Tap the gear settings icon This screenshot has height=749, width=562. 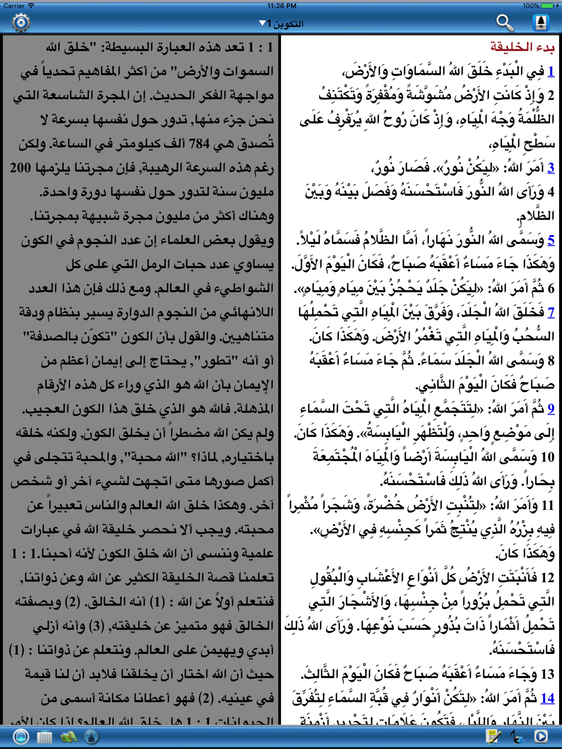(21, 22)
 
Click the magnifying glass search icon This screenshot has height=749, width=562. (505, 22)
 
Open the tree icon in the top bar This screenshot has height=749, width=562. (541, 22)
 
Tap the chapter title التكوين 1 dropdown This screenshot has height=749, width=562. (282, 24)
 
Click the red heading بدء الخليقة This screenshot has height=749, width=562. (522, 47)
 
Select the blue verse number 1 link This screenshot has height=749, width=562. (551, 71)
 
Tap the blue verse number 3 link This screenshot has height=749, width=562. (551, 167)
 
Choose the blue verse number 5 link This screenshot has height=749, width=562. (551, 240)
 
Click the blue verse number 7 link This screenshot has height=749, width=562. (551, 312)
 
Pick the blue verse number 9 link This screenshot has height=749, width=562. (551, 409)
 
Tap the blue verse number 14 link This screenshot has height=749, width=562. (547, 698)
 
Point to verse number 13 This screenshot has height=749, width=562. (547, 674)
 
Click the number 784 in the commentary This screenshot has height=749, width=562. (199, 144)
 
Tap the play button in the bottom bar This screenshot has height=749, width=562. (541, 736)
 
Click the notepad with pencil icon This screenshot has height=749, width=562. (493, 736)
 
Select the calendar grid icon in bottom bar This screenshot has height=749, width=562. (44, 736)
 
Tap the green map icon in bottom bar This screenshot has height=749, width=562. (69, 736)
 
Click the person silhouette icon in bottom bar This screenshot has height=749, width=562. (92, 736)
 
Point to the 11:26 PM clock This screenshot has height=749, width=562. (282, 6)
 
